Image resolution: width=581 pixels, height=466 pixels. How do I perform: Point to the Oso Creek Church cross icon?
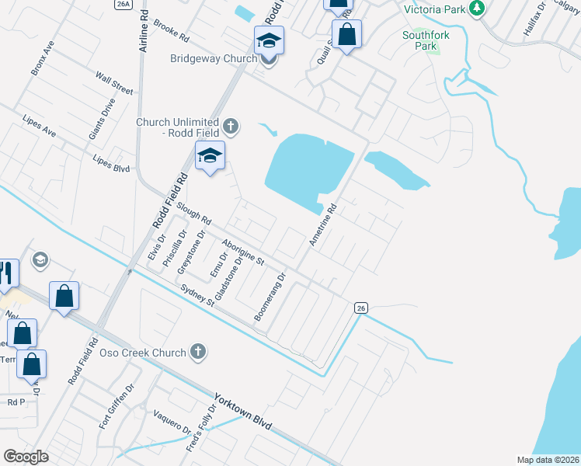(x=199, y=352)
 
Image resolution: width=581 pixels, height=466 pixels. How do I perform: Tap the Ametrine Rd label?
(x=323, y=225)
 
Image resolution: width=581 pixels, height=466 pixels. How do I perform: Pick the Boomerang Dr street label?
(x=270, y=297)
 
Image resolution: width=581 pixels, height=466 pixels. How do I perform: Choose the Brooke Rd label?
(x=172, y=30)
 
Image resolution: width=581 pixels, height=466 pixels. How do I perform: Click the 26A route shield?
(x=123, y=4)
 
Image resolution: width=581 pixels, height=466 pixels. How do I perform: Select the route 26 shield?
(x=360, y=308)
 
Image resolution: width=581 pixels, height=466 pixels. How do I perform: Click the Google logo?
(x=26, y=457)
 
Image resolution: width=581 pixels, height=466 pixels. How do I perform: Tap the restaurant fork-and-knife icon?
(x=5, y=273)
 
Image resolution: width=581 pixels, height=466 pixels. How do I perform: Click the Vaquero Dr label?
(x=172, y=419)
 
